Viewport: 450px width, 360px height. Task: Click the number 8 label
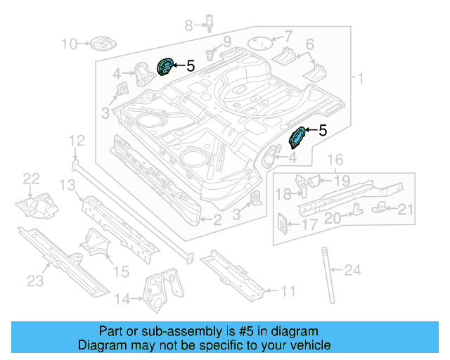click(x=188, y=26)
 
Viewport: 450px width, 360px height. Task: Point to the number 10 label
click(x=69, y=45)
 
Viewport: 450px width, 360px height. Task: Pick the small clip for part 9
click(x=210, y=53)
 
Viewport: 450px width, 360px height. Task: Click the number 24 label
click(x=353, y=269)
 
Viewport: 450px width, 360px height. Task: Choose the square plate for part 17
click(x=281, y=224)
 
